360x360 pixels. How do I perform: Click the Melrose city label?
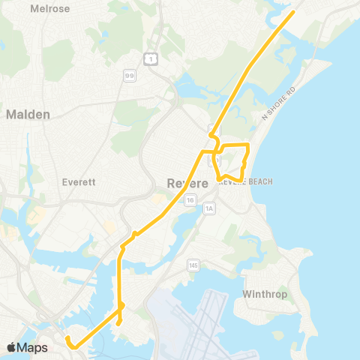point(49,9)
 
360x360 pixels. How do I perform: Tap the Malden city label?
point(28,115)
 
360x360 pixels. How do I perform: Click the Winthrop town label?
point(266,294)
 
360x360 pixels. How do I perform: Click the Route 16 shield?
point(190,200)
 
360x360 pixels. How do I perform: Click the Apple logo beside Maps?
point(11,347)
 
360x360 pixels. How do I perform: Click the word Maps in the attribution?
point(33,347)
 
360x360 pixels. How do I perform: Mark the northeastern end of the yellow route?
point(292,12)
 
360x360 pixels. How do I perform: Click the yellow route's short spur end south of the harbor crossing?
point(118,323)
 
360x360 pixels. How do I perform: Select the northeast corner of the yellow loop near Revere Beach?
point(248,143)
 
